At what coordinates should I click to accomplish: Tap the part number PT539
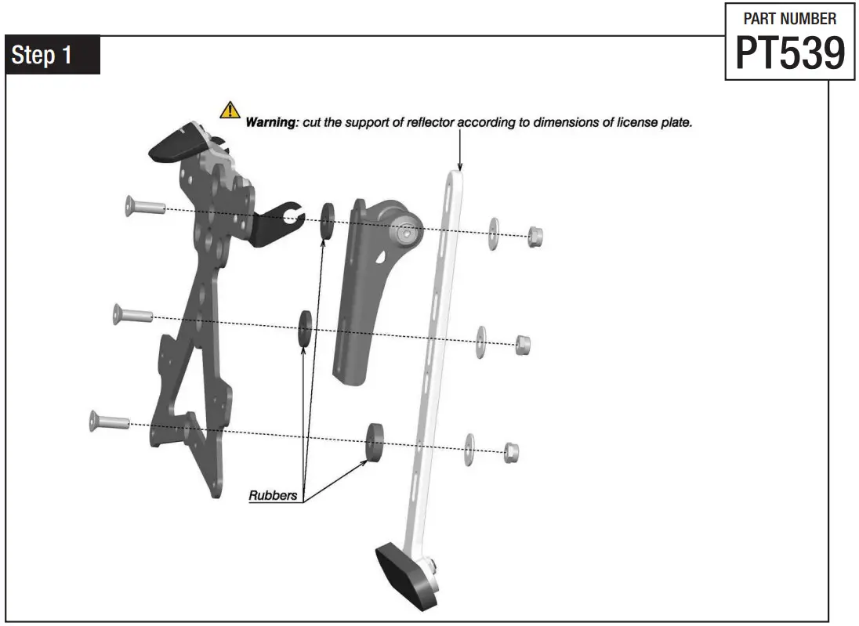click(790, 53)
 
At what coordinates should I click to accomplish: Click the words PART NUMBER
click(789, 18)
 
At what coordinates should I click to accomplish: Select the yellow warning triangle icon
click(230, 110)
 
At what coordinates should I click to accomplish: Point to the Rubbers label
click(273, 495)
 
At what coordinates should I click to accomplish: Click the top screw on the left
click(143, 207)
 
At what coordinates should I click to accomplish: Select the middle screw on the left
click(132, 315)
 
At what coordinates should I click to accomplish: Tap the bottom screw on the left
click(109, 421)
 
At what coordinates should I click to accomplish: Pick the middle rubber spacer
click(303, 327)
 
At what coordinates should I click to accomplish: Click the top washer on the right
click(493, 233)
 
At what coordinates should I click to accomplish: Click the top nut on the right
click(535, 236)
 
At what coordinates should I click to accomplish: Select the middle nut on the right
click(523, 345)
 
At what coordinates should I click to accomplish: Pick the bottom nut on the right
click(510, 451)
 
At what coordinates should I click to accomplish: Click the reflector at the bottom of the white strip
click(405, 574)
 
